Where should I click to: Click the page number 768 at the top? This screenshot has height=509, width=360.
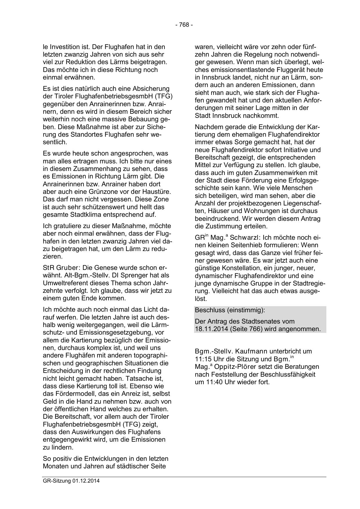(184, 25)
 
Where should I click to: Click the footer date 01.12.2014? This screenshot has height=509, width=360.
(86, 481)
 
